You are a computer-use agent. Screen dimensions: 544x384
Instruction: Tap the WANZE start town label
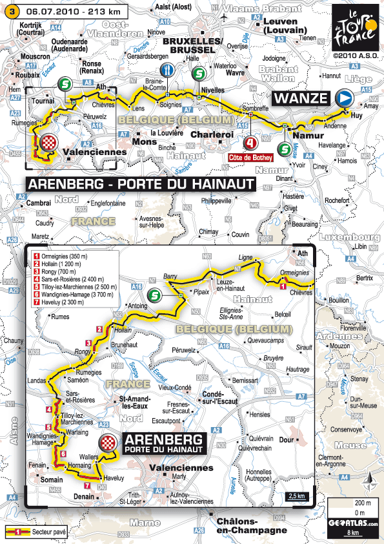coord(301,98)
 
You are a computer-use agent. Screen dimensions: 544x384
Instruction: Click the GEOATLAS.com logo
coord(352,524)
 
